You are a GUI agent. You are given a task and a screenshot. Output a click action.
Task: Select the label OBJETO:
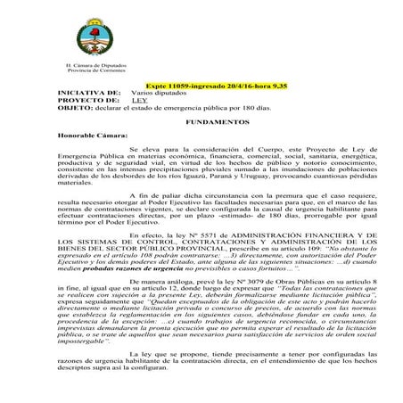48,108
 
